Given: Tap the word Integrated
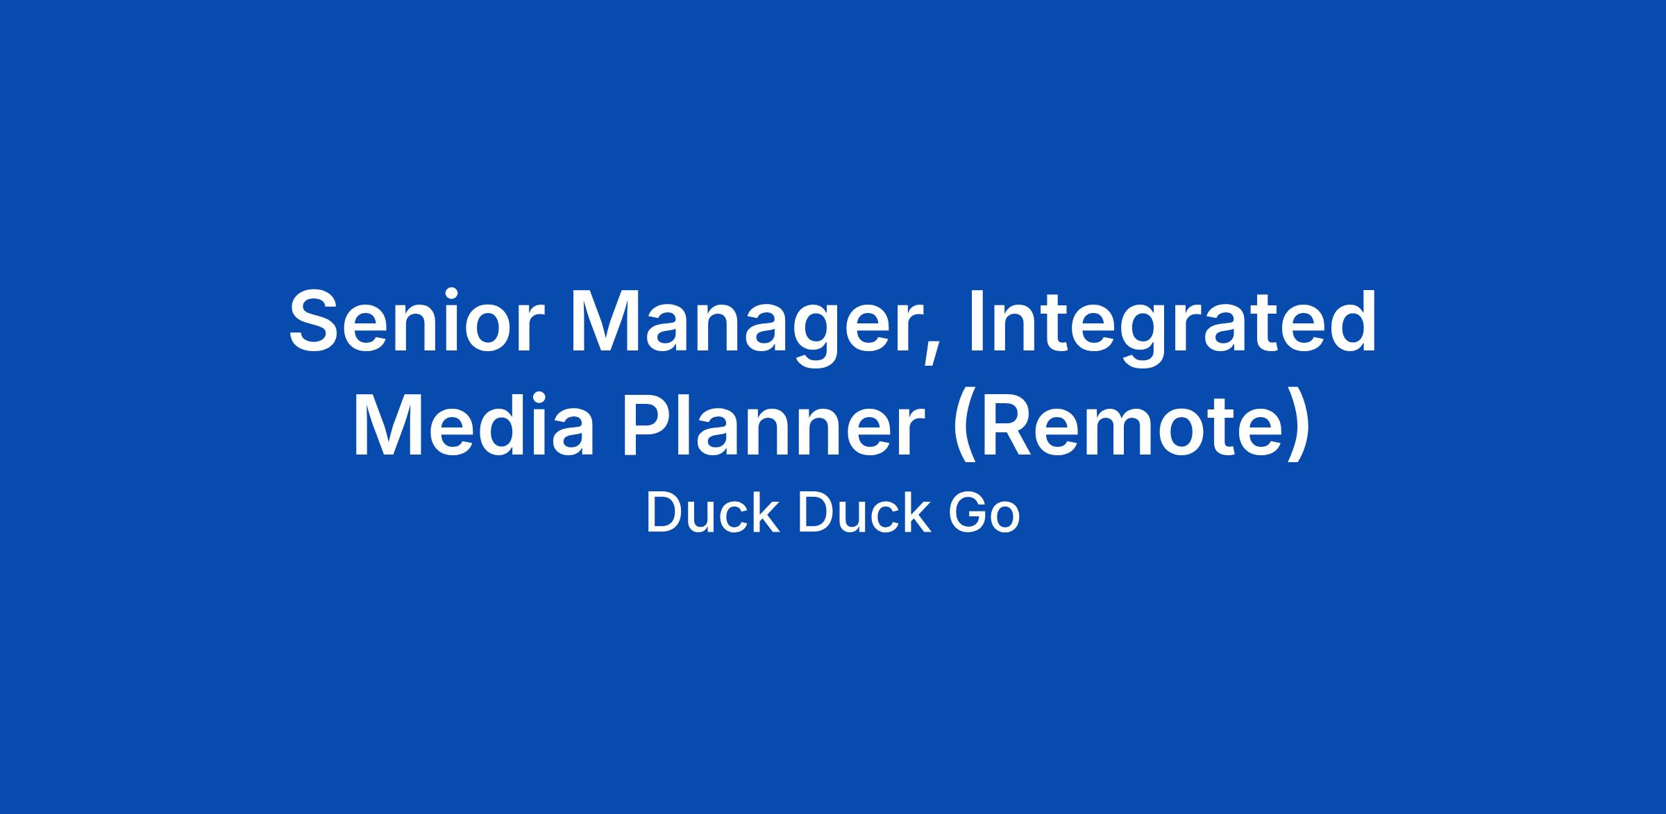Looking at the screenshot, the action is coord(1172,328).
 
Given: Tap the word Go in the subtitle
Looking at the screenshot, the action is coord(985,514).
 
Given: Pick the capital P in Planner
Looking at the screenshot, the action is coord(652,424).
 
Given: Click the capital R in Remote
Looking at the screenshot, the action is coord(1010,424).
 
